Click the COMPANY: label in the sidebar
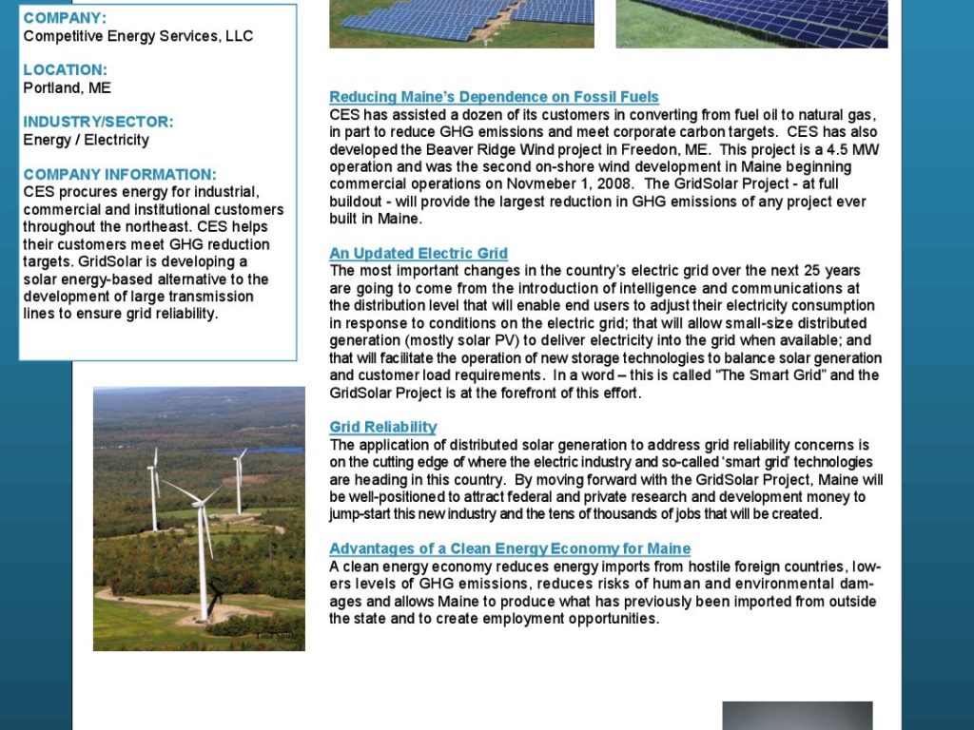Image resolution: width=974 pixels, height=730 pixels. [x=65, y=18]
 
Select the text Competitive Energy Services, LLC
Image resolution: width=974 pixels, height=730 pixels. [x=138, y=36]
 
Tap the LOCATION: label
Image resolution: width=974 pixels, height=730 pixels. [x=65, y=70]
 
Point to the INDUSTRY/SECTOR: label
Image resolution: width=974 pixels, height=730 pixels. [x=98, y=123]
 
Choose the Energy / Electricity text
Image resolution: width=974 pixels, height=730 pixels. [x=86, y=140]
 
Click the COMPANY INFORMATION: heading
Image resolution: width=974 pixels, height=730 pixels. [x=120, y=175]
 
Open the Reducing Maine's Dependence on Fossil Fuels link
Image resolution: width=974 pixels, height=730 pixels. [x=494, y=97]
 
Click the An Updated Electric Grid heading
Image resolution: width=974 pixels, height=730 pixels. [x=419, y=254]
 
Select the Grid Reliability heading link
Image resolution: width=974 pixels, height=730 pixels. [x=382, y=427]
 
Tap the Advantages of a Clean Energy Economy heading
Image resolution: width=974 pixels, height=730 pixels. [x=509, y=549]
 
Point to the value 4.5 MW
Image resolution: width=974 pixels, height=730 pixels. [x=852, y=149]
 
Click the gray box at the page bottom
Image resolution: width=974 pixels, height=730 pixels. [x=797, y=715]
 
